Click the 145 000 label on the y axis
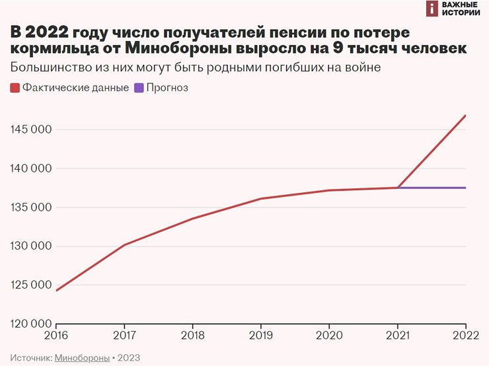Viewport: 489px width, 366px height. pos(31,129)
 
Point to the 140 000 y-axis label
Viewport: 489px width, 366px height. pos(31,168)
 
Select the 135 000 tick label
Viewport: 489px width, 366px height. pos(31,207)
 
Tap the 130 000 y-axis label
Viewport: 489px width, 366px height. pos(31,246)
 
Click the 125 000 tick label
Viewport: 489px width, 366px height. pos(31,285)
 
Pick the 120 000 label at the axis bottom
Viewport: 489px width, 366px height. pos(31,324)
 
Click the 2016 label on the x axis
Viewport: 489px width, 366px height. pos(57,336)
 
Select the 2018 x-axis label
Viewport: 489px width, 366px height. pos(193,336)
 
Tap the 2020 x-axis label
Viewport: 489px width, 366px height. pos(329,336)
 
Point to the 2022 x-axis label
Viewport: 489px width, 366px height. pos(465,336)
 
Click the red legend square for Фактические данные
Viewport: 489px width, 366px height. pos(15,88)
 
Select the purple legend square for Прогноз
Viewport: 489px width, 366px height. pos(139,88)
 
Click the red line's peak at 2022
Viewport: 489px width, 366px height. pos(465,116)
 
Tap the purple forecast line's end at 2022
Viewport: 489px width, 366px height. pos(465,188)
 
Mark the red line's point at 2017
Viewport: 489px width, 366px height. pos(125,244)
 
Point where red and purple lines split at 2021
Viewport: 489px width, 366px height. pos(398,188)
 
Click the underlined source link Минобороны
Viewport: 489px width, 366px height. pos(83,357)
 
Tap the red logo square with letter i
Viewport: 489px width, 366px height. pos(432,9)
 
